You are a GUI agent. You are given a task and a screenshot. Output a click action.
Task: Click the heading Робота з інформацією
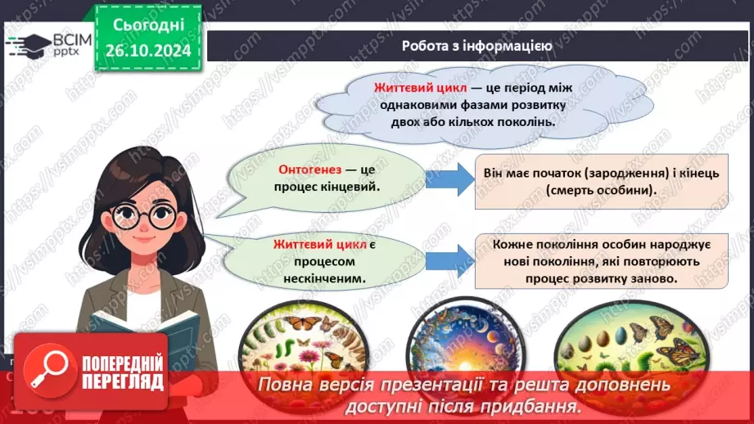click(476, 46)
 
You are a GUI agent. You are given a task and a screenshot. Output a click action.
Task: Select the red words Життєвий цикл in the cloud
click(420, 88)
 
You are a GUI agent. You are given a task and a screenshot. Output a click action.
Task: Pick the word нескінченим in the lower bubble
click(319, 277)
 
